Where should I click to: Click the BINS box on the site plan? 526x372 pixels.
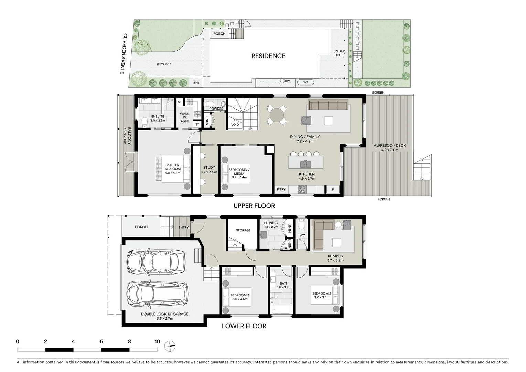(x=196, y=83)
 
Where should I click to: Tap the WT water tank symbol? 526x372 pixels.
(x=305, y=82)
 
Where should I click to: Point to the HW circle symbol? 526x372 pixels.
(x=282, y=81)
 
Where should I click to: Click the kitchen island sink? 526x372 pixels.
(x=305, y=164)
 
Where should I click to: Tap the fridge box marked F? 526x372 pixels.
(x=333, y=189)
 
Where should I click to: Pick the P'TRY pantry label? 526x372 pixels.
(x=281, y=189)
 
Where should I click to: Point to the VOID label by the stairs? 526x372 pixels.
(x=235, y=125)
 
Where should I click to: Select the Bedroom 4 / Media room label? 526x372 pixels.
(x=239, y=173)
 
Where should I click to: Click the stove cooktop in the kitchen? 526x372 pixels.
(x=302, y=189)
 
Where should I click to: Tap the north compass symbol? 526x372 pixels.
(x=170, y=346)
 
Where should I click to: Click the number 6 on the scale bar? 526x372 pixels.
(x=101, y=341)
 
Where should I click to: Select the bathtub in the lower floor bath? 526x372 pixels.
(x=281, y=309)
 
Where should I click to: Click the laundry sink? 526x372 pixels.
(x=264, y=235)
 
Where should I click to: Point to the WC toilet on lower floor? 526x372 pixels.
(x=301, y=224)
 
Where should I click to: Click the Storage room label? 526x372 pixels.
(x=243, y=230)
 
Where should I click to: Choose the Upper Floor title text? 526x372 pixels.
(x=254, y=206)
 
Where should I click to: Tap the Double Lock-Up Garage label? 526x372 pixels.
(x=164, y=314)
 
